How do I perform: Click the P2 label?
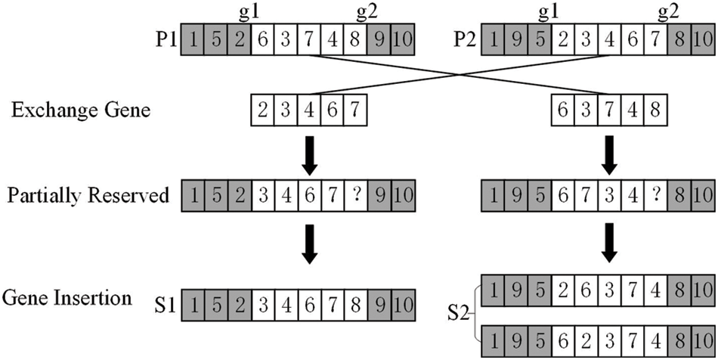466,39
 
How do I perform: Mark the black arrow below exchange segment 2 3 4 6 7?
309,152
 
